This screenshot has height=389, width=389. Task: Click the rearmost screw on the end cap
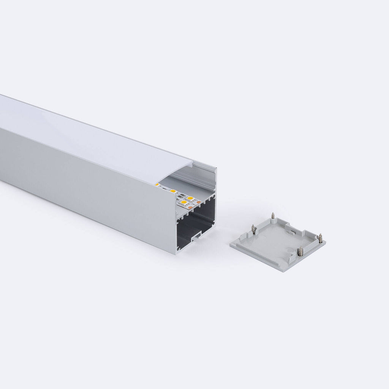coord(273,216)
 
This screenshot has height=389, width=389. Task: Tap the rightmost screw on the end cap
coord(320,238)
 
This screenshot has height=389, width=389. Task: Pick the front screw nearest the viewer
coord(300,251)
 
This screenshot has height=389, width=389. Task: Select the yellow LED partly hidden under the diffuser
coord(157,185)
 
